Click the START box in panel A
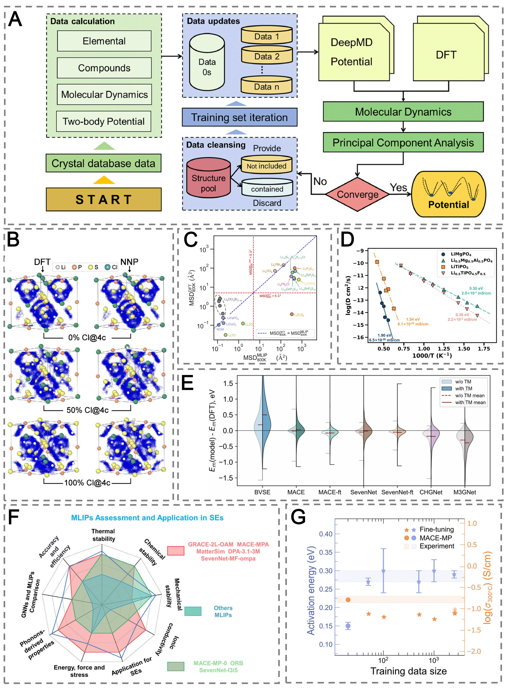point(104,199)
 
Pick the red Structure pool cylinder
point(209,178)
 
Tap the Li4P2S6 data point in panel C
point(292,314)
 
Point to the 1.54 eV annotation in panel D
point(413,319)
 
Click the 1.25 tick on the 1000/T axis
point(443,349)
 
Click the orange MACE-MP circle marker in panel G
point(348,600)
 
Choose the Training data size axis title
point(408,671)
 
